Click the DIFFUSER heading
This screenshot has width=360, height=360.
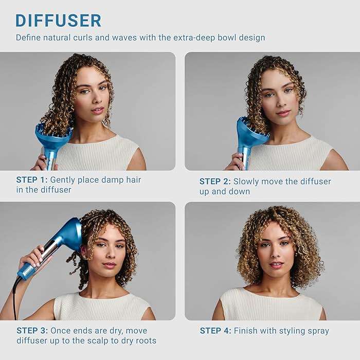58,20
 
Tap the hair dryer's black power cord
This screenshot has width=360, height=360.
15,296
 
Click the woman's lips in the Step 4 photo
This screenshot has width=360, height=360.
276,265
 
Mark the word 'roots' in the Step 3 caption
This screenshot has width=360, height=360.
145,340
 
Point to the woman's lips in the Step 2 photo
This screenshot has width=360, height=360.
283,113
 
